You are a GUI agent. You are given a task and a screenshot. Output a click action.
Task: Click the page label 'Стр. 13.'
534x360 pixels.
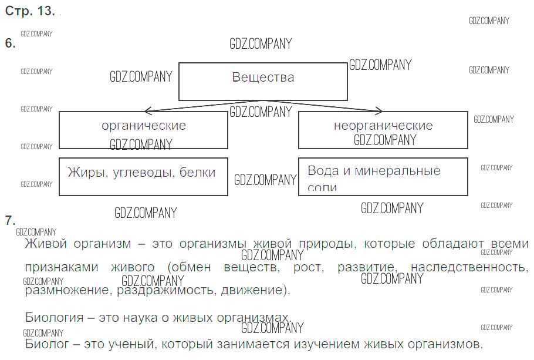click(30, 12)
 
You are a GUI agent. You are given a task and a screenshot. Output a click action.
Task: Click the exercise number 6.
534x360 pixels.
click(10, 43)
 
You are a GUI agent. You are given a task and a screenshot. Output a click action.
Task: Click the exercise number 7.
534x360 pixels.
click(10, 221)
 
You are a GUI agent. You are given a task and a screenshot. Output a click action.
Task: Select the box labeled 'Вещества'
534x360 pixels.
click(263, 82)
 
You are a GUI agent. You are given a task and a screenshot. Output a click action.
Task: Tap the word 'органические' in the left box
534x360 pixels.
click(144, 126)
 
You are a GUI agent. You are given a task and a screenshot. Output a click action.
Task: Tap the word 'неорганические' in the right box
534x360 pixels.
click(383, 126)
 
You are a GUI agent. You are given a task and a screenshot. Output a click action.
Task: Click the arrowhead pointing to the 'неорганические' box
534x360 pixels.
click(379, 110)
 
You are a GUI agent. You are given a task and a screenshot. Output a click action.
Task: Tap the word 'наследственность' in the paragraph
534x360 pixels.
click(469, 267)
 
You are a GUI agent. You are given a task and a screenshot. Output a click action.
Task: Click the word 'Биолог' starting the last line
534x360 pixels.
click(45, 344)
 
